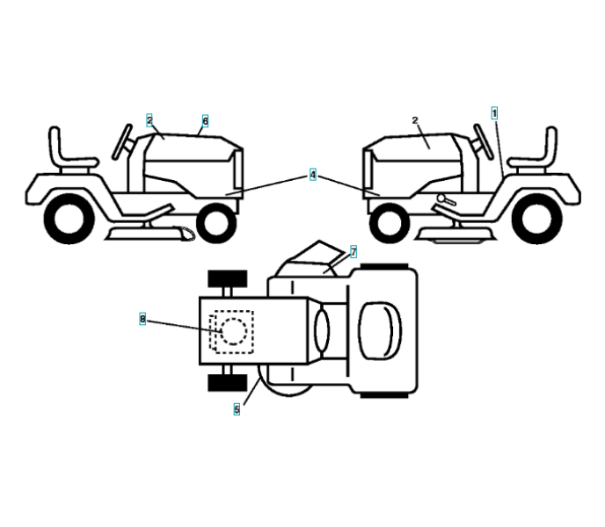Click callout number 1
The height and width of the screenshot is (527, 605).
pos(494,113)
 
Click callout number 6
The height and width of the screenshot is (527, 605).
pos(205,121)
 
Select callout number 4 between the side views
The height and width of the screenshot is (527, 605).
pos(312,175)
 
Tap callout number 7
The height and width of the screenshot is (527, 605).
pos(354,251)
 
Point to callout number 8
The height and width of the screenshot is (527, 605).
pos(142,318)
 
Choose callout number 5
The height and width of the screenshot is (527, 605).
pos(237,408)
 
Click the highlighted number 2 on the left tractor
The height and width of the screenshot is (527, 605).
pos(149,119)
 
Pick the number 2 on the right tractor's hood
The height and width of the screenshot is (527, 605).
pos(414,120)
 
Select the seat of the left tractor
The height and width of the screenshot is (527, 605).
pos(66,151)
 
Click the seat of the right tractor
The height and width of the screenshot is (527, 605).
pos(538,151)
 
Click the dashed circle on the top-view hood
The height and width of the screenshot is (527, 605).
pos(234,331)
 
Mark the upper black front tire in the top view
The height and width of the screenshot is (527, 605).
pos(223,281)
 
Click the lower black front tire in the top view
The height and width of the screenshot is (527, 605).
pos(223,383)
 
